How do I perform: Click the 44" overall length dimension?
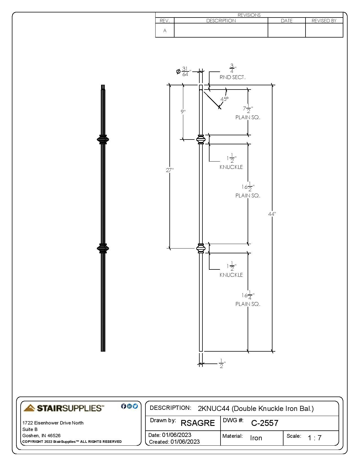272,214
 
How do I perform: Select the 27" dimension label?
170,170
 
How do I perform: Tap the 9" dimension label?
183,112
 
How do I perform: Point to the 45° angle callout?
224,99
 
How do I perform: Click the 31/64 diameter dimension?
184,71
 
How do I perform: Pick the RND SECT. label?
232,77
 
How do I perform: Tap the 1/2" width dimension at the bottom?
222,363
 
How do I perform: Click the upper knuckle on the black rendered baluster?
103,140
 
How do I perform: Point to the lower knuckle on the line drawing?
201,248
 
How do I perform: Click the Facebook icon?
123,406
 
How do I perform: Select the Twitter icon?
135,406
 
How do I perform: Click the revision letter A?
165,31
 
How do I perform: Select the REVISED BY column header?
324,21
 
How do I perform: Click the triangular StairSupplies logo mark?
29,408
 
